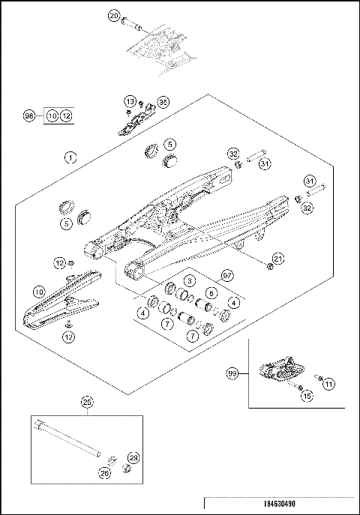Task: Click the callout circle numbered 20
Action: pyautogui.click(x=114, y=15)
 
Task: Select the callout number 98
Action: pyautogui.click(x=29, y=116)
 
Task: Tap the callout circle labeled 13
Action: pyautogui.click(x=129, y=101)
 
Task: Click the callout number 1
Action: pyautogui.click(x=69, y=157)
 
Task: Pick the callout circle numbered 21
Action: pyautogui.click(x=278, y=259)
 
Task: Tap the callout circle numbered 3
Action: pyautogui.click(x=190, y=280)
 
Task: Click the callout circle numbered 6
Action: pyautogui.click(x=211, y=292)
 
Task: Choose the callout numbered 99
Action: pyautogui.click(x=232, y=372)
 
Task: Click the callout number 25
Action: pyautogui.click(x=87, y=403)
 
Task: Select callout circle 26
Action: pyautogui.click(x=103, y=473)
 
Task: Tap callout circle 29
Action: pyautogui.click(x=134, y=457)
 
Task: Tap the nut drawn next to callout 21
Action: pyautogui.click(x=267, y=267)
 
